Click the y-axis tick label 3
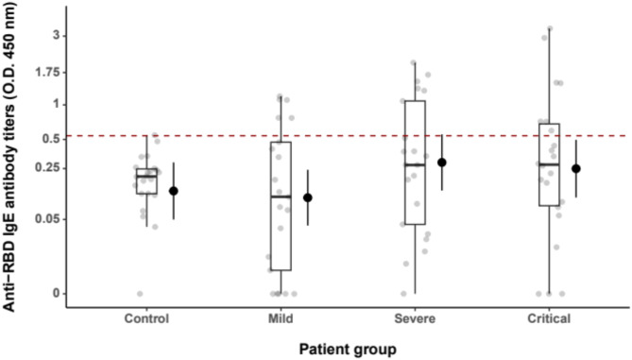point(56,36)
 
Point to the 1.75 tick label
point(47,73)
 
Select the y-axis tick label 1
point(57,105)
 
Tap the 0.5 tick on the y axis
point(51,139)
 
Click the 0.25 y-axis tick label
point(47,168)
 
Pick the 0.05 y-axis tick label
point(47,219)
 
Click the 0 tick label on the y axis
point(57,294)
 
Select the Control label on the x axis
point(146,318)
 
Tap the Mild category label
point(281,318)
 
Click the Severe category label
point(415,318)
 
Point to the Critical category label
point(549,318)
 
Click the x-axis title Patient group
point(348,349)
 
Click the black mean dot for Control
point(173,191)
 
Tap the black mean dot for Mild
point(308,197)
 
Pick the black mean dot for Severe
point(442,163)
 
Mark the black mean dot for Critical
point(576,168)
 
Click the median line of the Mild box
point(281,197)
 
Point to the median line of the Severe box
point(415,165)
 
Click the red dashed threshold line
point(348,136)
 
